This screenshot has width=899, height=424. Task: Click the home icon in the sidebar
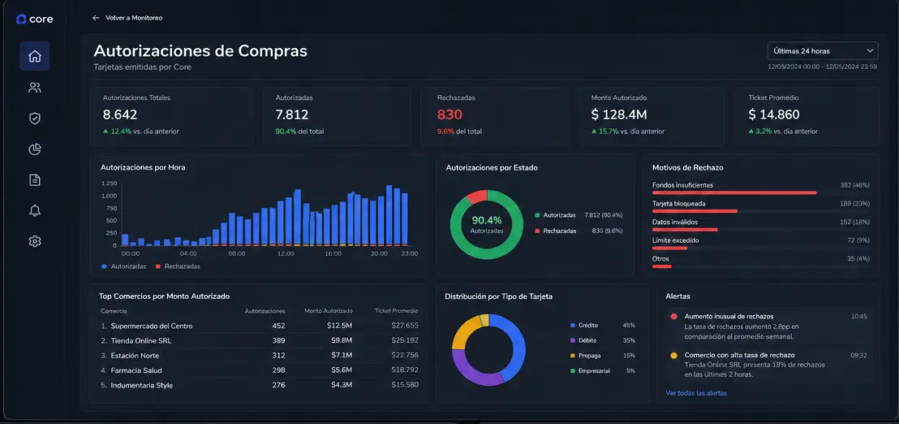point(35,56)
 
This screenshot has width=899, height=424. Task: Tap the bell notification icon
point(35,210)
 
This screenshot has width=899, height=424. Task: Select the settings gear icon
point(35,241)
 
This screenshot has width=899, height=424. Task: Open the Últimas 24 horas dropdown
point(823,51)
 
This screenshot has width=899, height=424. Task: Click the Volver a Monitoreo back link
point(127,18)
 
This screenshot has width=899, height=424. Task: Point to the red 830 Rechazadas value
point(449,115)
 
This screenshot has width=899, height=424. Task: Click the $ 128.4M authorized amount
point(618,115)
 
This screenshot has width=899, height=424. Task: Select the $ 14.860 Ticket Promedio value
point(774,115)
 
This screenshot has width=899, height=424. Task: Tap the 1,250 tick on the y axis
point(109,184)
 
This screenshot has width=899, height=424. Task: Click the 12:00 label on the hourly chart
point(285,253)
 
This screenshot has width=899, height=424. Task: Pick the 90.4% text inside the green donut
point(487,220)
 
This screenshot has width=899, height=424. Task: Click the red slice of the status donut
point(477,197)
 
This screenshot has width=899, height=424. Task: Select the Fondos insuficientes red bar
point(734,193)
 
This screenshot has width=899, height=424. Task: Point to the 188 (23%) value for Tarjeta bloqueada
point(855,204)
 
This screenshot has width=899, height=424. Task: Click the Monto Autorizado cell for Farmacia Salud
point(341,370)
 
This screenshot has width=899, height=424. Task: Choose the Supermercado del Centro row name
point(152,326)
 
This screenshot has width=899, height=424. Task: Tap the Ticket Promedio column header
point(396,311)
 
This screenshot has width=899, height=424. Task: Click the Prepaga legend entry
point(589,355)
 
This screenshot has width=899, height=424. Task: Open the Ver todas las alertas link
point(696,393)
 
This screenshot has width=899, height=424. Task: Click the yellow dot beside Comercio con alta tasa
point(673,355)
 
